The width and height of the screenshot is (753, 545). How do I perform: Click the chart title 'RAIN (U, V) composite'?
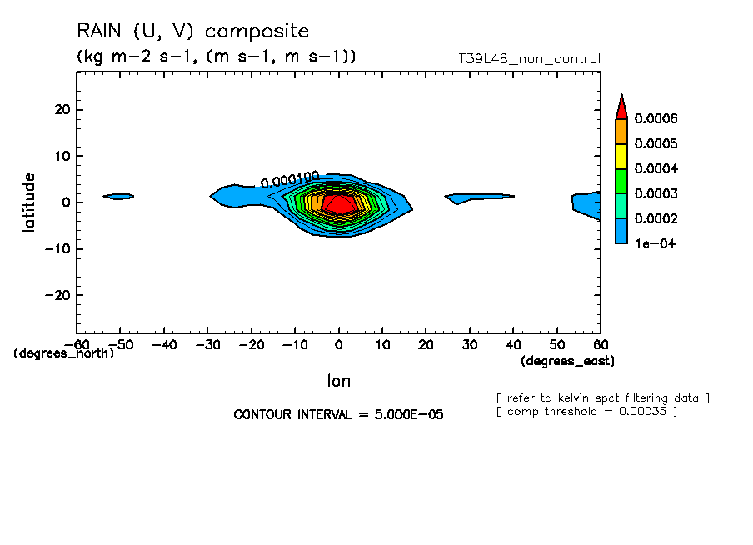click(192, 32)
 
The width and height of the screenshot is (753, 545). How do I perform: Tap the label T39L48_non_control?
click(529, 59)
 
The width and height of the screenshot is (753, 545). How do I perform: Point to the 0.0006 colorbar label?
click(656, 118)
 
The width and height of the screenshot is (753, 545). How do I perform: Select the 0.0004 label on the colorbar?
click(656, 168)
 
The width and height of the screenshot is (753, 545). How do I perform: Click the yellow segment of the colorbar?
click(621, 156)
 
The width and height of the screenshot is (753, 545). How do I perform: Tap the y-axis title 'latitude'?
click(29, 202)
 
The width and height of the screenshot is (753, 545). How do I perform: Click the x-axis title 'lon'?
click(338, 381)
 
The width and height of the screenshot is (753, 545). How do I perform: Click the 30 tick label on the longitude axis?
click(470, 344)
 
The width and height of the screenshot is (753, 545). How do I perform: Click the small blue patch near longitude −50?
click(118, 197)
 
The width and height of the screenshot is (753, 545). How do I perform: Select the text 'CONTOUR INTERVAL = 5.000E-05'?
click(338, 414)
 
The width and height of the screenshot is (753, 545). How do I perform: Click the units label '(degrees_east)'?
click(567, 361)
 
